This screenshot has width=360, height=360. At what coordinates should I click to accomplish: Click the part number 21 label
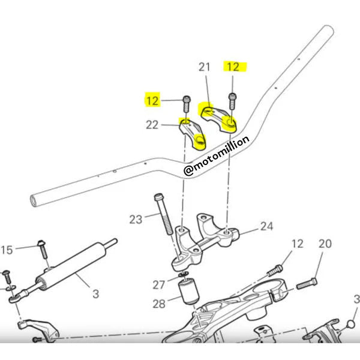(205, 67)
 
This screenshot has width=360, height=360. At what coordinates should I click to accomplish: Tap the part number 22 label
(152, 125)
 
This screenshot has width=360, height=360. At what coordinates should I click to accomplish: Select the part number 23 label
(136, 220)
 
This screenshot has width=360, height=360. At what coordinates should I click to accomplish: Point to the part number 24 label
(267, 226)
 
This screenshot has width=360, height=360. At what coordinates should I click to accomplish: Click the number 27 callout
(159, 285)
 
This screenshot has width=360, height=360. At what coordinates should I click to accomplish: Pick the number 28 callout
(159, 304)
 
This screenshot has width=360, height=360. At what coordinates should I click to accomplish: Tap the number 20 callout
(325, 244)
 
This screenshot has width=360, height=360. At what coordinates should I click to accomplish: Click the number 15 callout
(7, 250)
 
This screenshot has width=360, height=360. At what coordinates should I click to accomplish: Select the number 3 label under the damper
(96, 294)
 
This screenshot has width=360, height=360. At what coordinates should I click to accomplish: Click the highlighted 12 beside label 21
(233, 67)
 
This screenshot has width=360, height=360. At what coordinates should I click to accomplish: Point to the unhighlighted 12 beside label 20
(298, 244)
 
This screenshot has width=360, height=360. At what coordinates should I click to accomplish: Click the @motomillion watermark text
(216, 155)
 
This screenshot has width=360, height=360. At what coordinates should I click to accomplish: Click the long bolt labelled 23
(163, 214)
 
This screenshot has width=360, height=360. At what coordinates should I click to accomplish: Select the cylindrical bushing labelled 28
(189, 291)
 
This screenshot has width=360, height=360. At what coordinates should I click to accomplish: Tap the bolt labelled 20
(307, 283)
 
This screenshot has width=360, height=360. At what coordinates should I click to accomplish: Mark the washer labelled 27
(184, 274)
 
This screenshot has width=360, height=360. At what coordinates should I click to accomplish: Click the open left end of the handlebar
(34, 200)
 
